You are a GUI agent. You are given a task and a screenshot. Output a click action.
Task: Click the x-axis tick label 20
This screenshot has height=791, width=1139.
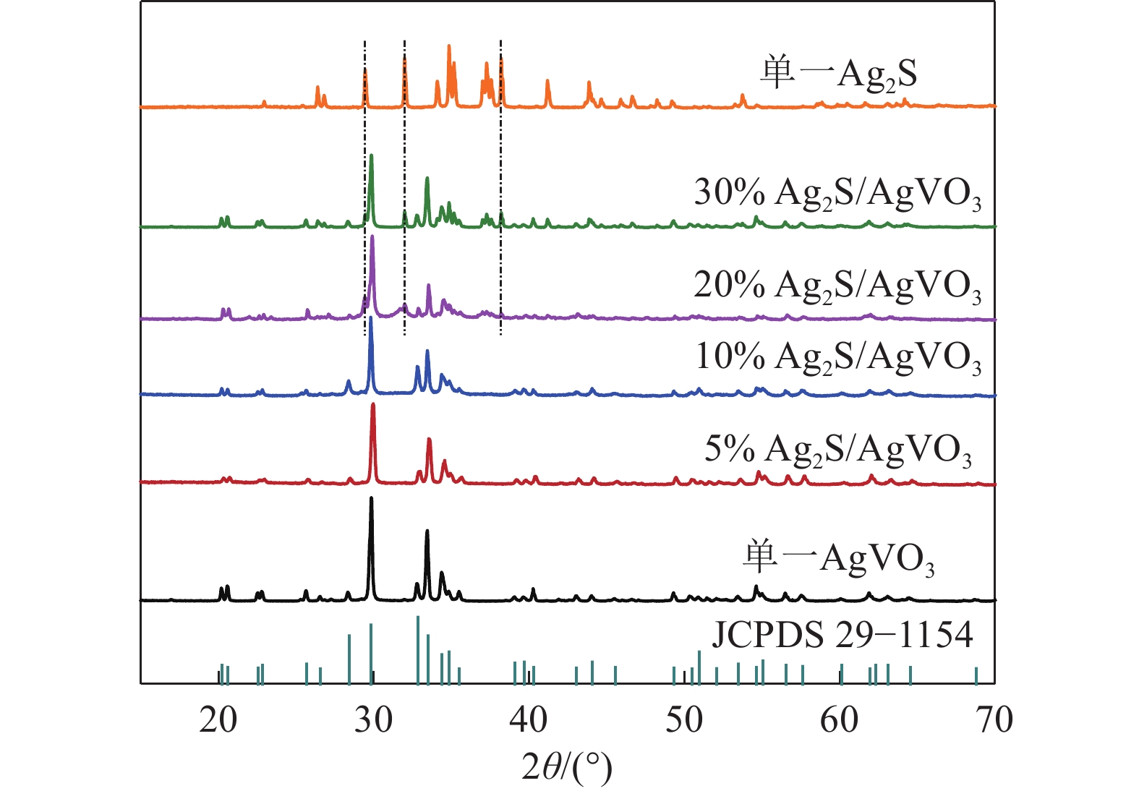click(x=218, y=719)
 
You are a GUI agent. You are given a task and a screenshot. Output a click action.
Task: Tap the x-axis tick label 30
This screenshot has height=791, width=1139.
click(x=373, y=719)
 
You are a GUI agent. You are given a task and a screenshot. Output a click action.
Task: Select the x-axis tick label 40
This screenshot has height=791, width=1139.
click(x=528, y=719)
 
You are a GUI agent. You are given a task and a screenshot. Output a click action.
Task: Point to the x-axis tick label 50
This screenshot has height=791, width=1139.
click(x=683, y=719)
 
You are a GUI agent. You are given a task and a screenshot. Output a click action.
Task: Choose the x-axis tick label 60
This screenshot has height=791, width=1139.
click(x=839, y=719)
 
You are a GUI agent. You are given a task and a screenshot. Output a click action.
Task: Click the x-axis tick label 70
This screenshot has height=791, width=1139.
click(x=994, y=719)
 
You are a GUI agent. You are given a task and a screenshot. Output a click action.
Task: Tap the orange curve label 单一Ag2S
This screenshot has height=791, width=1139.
click(x=839, y=74)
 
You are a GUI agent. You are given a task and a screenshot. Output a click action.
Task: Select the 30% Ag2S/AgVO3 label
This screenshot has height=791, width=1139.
click(x=838, y=194)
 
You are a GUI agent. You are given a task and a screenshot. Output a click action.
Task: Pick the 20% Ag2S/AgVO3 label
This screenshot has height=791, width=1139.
click(x=838, y=286)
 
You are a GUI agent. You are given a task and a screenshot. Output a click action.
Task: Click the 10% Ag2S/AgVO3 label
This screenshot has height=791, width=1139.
click(x=838, y=357)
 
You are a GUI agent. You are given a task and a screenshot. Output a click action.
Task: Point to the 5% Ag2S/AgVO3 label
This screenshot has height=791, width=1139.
click(x=838, y=450)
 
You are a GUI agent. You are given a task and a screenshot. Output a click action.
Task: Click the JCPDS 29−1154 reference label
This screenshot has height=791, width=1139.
click(x=842, y=635)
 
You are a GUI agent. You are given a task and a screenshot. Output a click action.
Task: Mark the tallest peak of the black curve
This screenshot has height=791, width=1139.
click(x=371, y=498)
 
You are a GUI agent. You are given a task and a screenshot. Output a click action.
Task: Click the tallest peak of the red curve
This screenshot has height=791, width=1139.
click(x=373, y=405)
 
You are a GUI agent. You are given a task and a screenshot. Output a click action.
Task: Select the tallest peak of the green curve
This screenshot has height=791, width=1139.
click(x=371, y=155)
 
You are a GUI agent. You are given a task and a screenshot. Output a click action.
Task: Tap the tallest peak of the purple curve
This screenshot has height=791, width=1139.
click(x=372, y=237)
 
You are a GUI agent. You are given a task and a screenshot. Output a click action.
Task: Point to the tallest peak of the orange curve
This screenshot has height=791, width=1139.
click(x=449, y=46)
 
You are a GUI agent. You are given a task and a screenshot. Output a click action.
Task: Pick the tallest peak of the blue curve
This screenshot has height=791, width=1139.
click(x=371, y=318)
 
